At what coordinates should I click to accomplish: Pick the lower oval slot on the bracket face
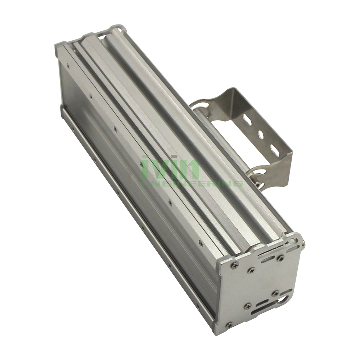[274, 148]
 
